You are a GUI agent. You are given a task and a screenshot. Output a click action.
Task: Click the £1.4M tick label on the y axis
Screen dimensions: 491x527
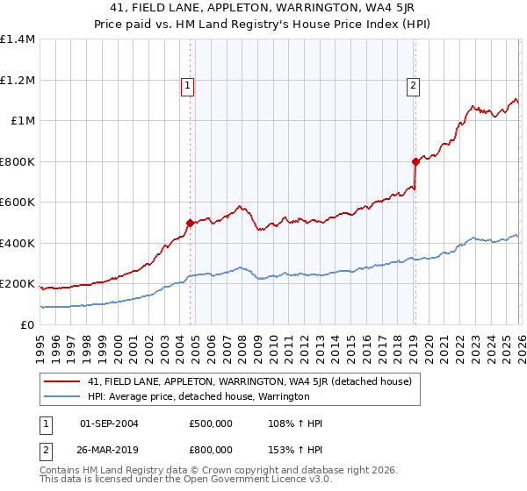[18, 39]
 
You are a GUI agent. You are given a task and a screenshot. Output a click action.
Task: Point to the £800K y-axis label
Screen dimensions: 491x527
[18, 161]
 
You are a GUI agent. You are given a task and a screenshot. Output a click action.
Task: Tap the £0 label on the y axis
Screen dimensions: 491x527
[26, 324]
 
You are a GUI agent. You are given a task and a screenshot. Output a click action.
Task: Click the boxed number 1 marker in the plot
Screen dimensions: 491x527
[189, 86]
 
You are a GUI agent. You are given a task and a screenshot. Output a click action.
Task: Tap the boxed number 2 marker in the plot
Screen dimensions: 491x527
[413, 86]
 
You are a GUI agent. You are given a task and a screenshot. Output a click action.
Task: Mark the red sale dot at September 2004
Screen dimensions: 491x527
[190, 223]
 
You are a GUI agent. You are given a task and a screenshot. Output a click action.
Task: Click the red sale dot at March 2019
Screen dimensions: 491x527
[415, 161]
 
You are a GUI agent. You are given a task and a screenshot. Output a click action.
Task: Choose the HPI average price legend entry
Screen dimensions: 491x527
[199, 396]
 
